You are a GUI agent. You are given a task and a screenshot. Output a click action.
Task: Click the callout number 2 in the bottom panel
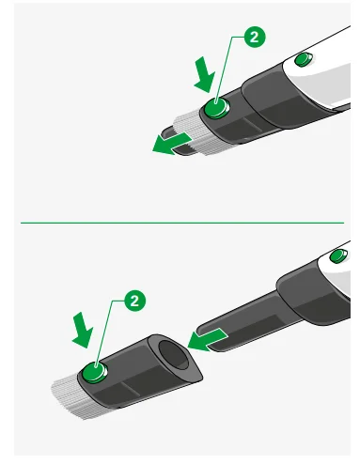[x=135, y=302]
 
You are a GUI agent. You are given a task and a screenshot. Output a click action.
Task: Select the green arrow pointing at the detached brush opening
[x=210, y=335]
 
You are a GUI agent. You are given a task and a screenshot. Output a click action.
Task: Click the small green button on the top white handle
[x=303, y=60]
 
